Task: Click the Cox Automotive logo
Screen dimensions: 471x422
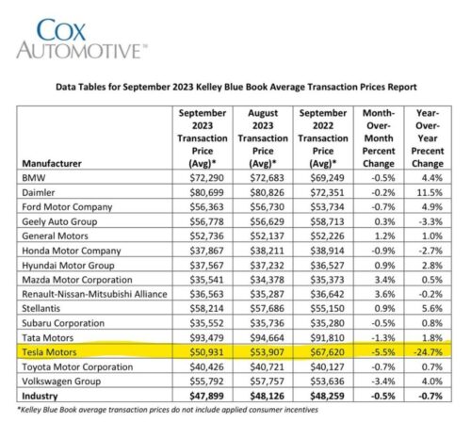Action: click(82, 39)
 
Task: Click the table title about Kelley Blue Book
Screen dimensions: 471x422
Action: click(236, 87)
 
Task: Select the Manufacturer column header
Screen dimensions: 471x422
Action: click(52, 164)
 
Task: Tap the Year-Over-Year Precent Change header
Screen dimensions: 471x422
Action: click(428, 138)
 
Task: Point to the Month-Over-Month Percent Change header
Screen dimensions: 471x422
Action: click(379, 138)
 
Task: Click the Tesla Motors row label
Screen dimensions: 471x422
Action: click(49, 352)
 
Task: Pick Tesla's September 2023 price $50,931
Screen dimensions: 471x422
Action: click(206, 352)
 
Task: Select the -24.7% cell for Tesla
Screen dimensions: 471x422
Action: click(428, 352)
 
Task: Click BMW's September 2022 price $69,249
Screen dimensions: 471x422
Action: click(327, 178)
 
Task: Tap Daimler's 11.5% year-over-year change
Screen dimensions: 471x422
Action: click(430, 192)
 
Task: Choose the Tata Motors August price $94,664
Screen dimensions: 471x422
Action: click(267, 338)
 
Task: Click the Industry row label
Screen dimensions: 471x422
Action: click(40, 397)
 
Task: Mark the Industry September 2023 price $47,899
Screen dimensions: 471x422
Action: click(206, 397)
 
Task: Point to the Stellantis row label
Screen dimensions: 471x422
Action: click(41, 309)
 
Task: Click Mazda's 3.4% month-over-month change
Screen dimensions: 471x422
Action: click(384, 280)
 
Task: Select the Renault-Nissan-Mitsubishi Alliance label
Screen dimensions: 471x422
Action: click(94, 294)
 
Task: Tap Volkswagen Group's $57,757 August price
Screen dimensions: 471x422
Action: click(267, 381)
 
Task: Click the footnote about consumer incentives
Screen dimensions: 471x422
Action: click(168, 410)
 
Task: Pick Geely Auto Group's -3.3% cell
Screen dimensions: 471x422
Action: click(430, 221)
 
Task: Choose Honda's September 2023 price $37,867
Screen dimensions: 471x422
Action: click(206, 251)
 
